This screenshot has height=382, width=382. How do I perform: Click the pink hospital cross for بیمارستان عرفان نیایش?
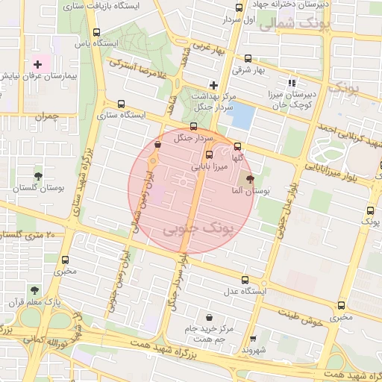37,66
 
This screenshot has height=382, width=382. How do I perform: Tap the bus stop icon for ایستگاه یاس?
96,33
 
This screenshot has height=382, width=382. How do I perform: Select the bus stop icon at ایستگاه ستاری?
122,104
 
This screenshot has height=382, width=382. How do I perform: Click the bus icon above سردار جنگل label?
194,127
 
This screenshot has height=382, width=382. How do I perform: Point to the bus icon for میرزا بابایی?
208,154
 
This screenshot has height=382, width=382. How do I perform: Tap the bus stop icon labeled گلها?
237,146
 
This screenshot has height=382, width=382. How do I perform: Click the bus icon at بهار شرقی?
248,59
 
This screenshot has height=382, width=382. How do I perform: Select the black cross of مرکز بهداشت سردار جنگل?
215,85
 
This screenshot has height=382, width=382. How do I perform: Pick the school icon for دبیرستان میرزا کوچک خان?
292,83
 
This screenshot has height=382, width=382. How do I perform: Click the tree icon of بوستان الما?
249,179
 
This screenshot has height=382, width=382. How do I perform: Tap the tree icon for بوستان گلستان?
38,177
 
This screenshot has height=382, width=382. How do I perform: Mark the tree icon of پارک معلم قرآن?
33,290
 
